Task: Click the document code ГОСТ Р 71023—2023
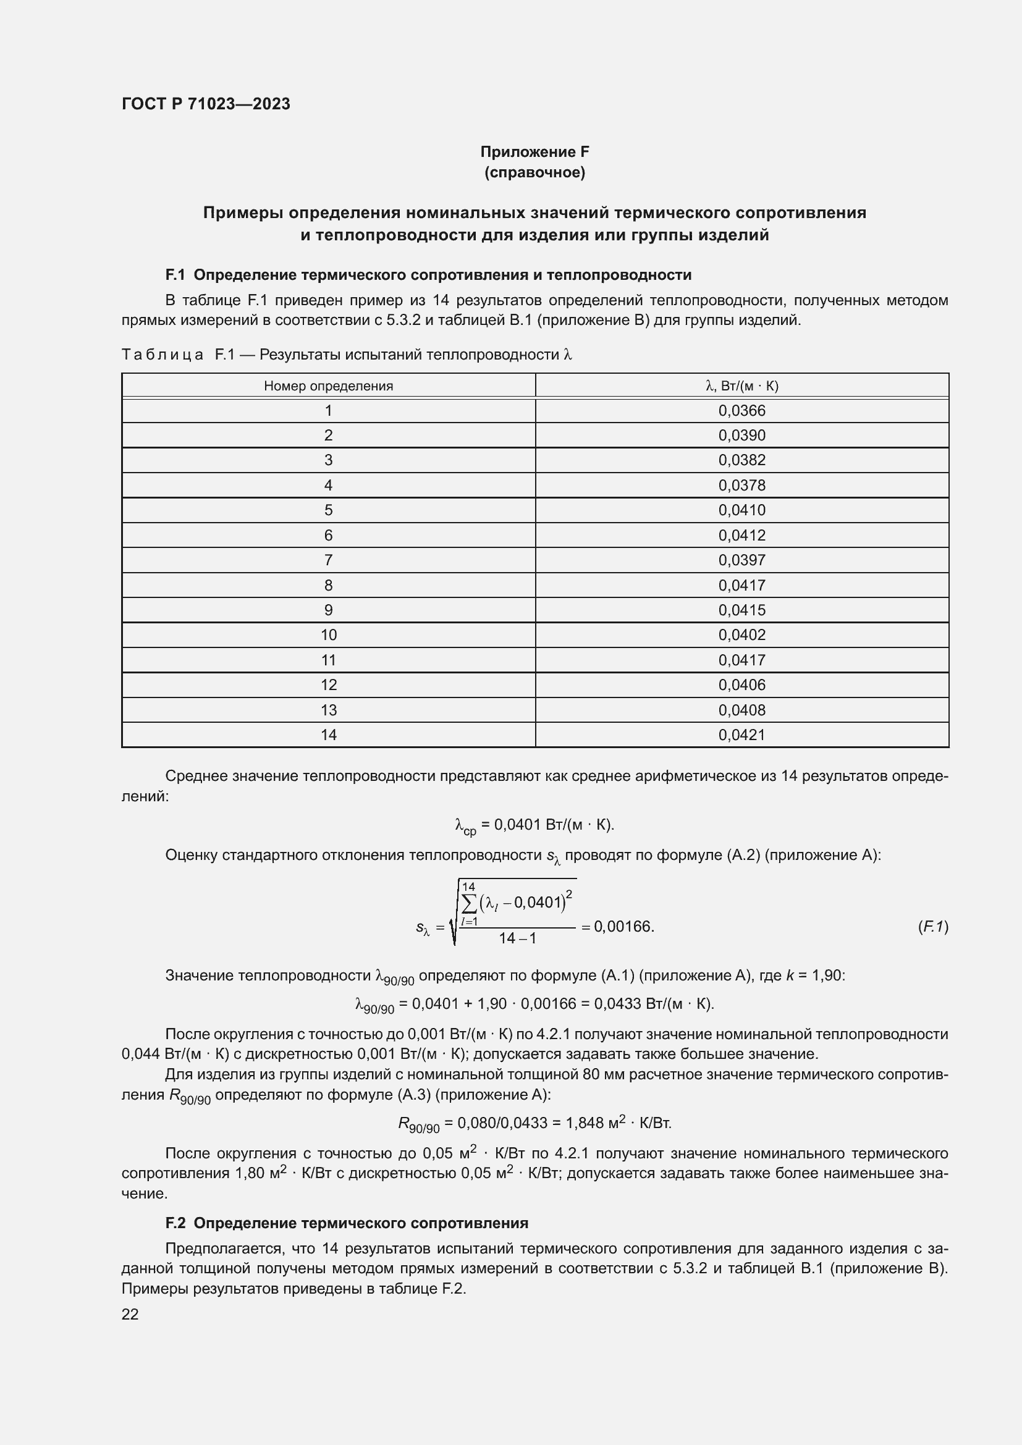(206, 104)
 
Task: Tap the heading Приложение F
(534, 152)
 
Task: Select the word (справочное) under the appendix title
(534, 172)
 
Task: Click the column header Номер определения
(328, 385)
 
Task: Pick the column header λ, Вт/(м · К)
(742, 385)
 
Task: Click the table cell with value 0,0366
(742, 411)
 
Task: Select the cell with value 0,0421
(742, 735)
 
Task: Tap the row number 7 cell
(328, 560)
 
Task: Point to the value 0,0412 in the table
(742, 535)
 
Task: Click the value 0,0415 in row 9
(742, 610)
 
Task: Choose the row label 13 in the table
(328, 710)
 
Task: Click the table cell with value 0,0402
(742, 635)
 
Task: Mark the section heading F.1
(428, 275)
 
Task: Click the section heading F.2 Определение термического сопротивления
(347, 1223)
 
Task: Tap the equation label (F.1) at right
(932, 927)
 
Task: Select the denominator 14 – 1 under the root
(517, 938)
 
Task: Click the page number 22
(130, 1314)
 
